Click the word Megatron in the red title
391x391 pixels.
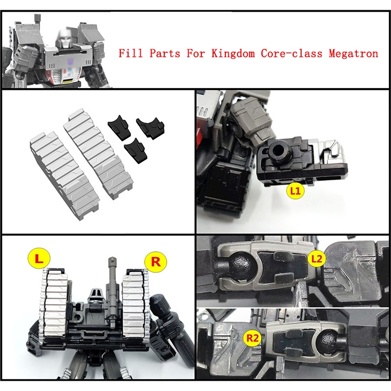coord(353,54)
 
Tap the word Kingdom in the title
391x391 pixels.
coord(233,54)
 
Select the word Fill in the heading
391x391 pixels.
coord(130,53)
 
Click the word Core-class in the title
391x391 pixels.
coord(291,54)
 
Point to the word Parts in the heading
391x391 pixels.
coord(165,53)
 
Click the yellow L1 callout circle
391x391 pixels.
coord(295,191)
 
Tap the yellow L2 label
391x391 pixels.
coord(317,259)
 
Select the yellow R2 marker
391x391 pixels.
coord(252,338)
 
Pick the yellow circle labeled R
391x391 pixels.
coord(155,262)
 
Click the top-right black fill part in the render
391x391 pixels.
coord(151,127)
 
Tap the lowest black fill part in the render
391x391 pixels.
coord(136,151)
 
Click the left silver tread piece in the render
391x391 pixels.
coord(64,175)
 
